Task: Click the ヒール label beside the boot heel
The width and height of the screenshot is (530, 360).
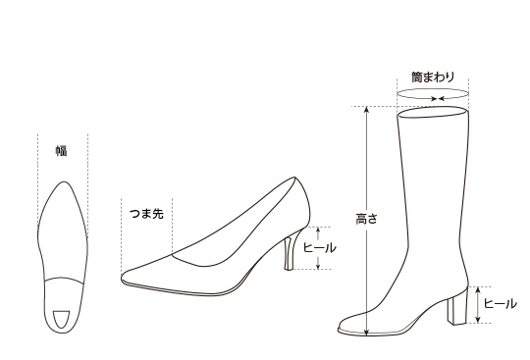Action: coord(501,304)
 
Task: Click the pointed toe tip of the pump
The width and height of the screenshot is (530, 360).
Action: coord(125,278)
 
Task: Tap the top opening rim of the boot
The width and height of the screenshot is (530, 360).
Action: coord(432,114)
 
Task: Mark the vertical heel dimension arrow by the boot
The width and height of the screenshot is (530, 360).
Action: coord(478,304)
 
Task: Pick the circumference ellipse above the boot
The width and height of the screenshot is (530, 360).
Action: coord(432,96)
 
